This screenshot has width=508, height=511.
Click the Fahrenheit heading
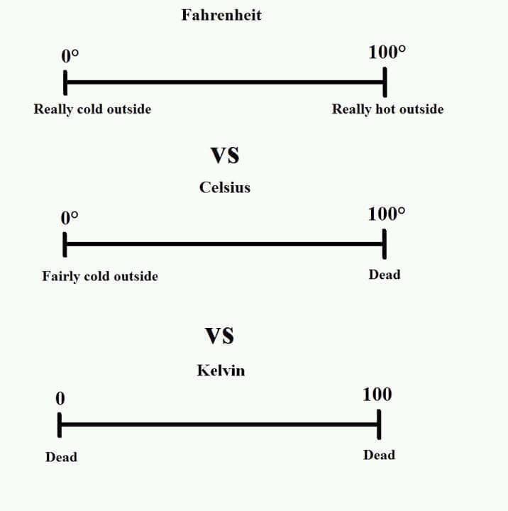point(221,15)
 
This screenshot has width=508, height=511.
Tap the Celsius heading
point(224,188)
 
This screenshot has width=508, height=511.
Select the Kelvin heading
point(221,370)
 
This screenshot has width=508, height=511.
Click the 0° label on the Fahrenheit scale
point(70,55)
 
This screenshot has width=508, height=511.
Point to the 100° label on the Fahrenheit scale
point(387,52)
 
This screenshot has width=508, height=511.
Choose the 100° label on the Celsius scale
point(387,214)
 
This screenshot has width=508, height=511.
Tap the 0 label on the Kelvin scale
point(60,399)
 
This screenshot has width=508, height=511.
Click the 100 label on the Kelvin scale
point(377,395)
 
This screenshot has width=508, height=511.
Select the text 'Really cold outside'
point(92,109)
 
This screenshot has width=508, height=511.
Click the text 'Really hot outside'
point(387,109)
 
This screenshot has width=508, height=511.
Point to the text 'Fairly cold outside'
point(100,276)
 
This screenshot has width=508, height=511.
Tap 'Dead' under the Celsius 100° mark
point(384,275)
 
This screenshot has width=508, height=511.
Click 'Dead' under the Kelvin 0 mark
point(61,457)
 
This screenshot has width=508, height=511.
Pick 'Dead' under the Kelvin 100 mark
point(379,455)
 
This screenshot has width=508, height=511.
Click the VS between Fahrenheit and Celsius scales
point(224,154)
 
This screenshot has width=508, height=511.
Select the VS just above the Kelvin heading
point(219,335)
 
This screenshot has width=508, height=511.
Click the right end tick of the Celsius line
point(384,245)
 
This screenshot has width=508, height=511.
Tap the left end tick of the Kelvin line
point(60,425)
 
